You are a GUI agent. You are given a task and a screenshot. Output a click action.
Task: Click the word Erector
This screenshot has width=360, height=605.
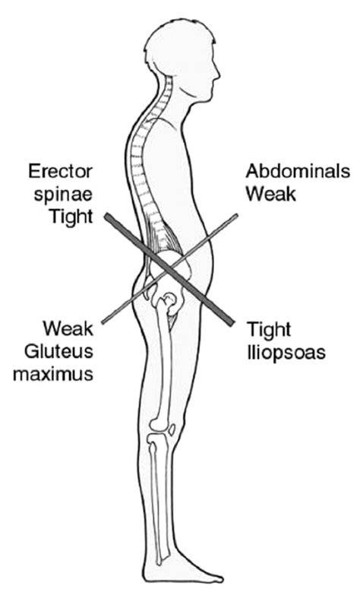(x=61, y=172)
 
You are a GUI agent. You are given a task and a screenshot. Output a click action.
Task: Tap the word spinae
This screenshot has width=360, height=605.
(x=63, y=194)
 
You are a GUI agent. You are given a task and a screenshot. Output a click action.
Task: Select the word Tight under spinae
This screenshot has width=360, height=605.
(x=71, y=216)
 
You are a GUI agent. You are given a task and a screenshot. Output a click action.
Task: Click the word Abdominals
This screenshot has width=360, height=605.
(x=298, y=171)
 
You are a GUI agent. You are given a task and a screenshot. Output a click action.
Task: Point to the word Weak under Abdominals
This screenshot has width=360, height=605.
(x=271, y=194)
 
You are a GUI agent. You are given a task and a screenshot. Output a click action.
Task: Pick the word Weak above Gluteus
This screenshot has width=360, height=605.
(x=68, y=329)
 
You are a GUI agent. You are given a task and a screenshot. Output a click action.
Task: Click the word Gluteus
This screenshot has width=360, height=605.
(x=59, y=351)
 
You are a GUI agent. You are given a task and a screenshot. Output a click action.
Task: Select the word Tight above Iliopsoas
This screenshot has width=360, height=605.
(x=269, y=330)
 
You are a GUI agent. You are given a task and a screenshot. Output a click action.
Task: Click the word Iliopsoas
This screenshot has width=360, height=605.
(x=286, y=352)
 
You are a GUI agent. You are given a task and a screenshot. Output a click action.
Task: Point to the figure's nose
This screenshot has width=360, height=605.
(x=218, y=73)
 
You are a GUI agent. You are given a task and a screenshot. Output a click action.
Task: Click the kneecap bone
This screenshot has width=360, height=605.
(x=172, y=430)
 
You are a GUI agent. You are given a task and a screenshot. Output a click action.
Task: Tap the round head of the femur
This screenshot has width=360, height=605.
(x=169, y=299)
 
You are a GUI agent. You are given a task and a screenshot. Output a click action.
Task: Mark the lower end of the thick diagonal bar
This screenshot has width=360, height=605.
(x=229, y=322)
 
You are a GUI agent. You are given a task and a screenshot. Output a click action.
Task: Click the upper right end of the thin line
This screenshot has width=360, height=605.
(x=236, y=216)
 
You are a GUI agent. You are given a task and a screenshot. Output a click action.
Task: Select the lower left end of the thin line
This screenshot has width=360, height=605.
(x=103, y=322)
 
